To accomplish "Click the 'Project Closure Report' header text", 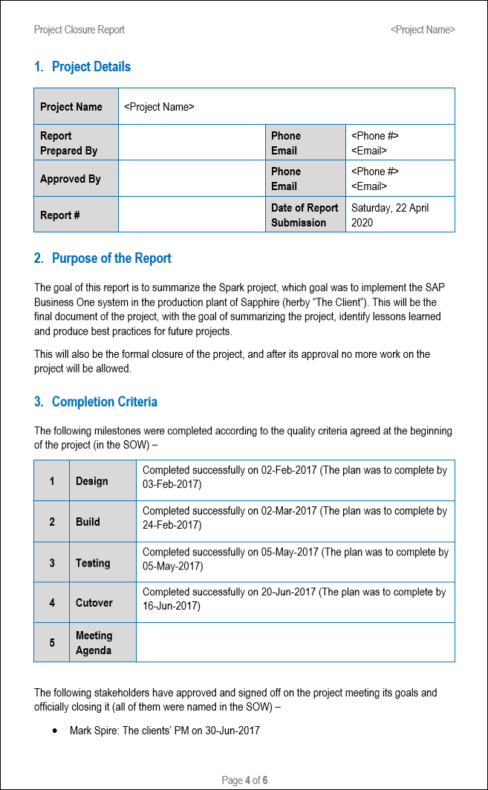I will click(79, 30).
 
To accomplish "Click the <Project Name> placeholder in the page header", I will click(423, 30).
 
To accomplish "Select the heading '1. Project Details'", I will click(82, 67).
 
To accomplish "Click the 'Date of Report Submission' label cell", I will click(305, 215).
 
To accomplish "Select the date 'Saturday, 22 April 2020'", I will click(390, 215).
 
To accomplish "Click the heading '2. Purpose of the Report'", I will click(103, 258).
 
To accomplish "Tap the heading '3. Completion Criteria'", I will click(96, 402).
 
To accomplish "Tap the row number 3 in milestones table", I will click(52, 563).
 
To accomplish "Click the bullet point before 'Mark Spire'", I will click(56, 731).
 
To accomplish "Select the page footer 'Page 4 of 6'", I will click(244, 780).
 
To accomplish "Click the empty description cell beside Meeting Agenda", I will click(295, 642).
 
